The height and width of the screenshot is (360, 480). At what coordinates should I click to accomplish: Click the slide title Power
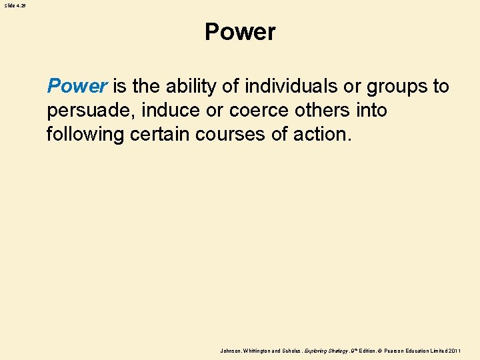point(240,32)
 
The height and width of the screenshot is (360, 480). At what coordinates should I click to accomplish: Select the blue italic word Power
point(77,86)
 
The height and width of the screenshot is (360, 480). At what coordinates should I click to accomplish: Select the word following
point(85,135)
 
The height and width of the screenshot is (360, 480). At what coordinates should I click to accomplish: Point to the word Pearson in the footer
point(401,350)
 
